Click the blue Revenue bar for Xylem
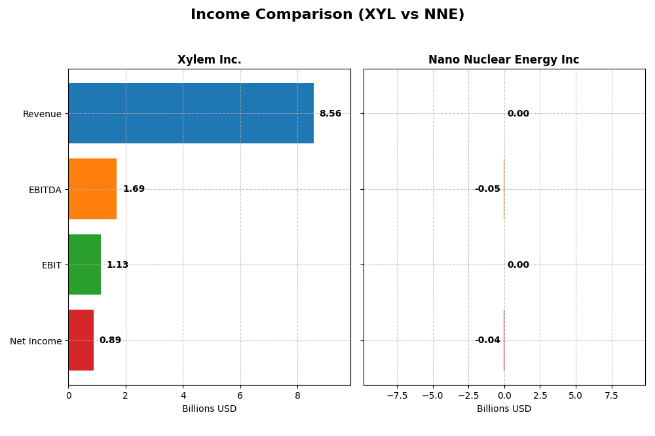coord(191,113)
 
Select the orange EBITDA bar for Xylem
coord(92,189)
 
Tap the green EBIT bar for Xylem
coord(84,264)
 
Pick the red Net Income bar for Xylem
coord(81,340)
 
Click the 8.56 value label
coord(330,114)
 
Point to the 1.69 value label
coord(134,189)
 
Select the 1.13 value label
coord(117,265)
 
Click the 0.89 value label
coord(110,340)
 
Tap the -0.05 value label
coord(487,189)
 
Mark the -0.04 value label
coord(487,340)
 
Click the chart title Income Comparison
coord(327,15)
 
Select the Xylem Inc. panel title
coord(209,60)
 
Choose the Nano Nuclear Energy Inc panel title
coord(504,60)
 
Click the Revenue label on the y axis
coord(42,115)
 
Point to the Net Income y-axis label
coord(35,341)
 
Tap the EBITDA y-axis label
coord(45,190)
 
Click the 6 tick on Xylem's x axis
coord(240,395)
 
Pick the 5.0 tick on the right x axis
coord(575,395)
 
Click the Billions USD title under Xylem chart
coord(209,409)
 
